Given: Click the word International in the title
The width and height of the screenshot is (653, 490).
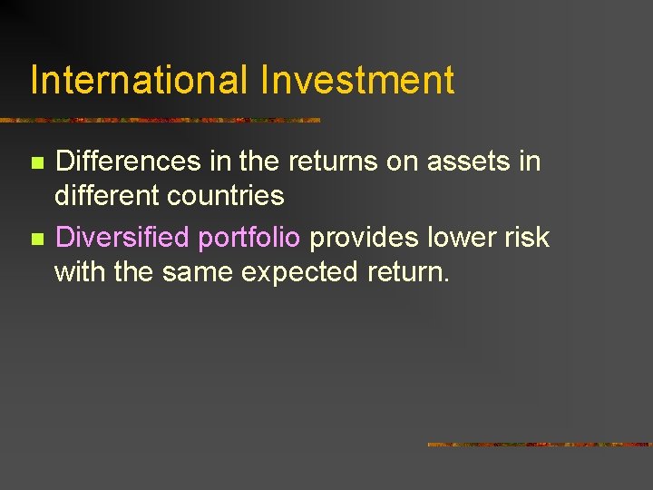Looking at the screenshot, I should click(x=139, y=80).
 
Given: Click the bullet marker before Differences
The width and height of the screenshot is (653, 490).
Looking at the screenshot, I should click(x=36, y=163).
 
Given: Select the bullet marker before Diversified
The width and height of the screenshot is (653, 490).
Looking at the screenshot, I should click(x=36, y=240).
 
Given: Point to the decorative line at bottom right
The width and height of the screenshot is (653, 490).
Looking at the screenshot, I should click(x=540, y=445).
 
